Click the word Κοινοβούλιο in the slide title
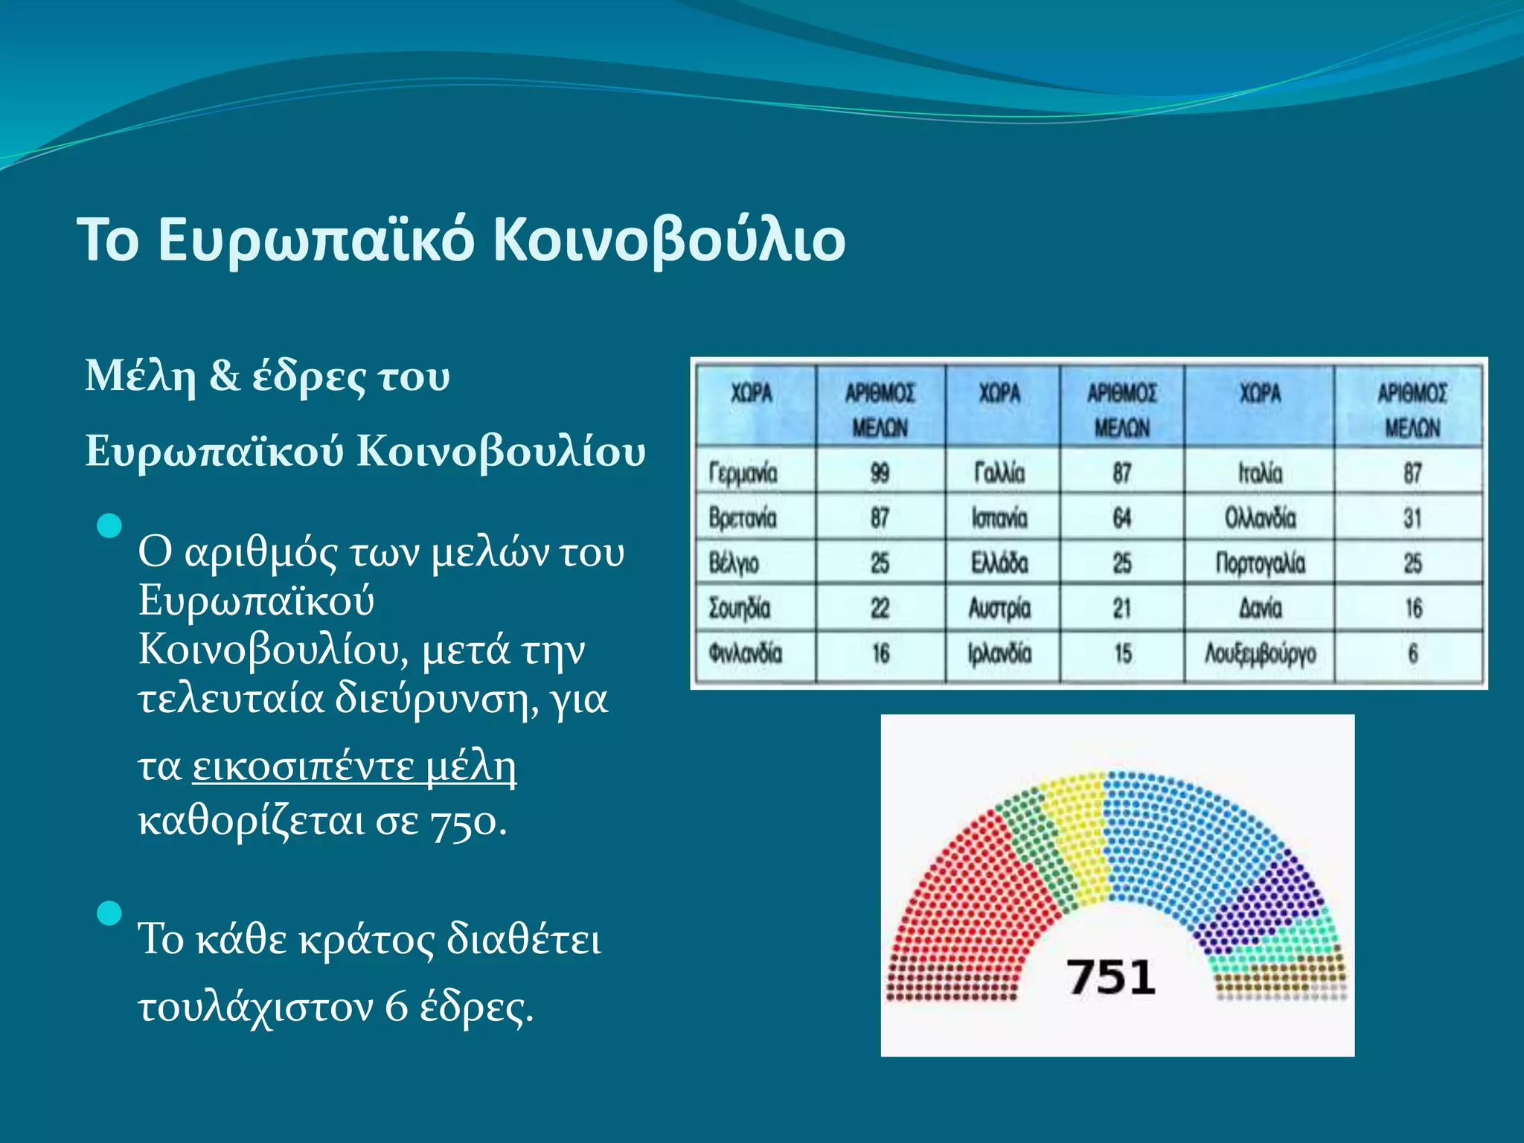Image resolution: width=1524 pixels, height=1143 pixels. pyautogui.click(x=669, y=240)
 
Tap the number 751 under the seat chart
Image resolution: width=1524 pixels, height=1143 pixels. pyautogui.click(x=1110, y=977)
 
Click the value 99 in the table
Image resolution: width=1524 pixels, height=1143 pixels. pyautogui.click(x=880, y=473)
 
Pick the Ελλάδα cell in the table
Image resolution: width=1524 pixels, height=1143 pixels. pyautogui.click(x=999, y=563)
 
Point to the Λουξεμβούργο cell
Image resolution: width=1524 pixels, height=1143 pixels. pyautogui.click(x=1260, y=654)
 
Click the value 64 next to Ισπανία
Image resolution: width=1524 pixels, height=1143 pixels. pyautogui.click(x=1121, y=518)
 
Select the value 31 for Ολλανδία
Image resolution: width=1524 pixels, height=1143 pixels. pyautogui.click(x=1412, y=518)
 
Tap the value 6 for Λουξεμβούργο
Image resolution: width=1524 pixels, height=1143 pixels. pyautogui.click(x=1412, y=654)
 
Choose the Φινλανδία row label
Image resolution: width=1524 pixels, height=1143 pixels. pyautogui.click(x=745, y=654)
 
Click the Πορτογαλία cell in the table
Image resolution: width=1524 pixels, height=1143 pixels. pyautogui.click(x=1260, y=563)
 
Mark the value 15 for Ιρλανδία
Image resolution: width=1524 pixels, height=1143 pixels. pyautogui.click(x=1122, y=654)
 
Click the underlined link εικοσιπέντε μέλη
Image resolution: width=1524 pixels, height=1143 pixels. pyautogui.click(x=354, y=766)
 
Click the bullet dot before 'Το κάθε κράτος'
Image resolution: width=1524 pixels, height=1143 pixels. pyautogui.click(x=109, y=912)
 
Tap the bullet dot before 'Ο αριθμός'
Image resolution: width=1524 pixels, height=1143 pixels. pyautogui.click(x=109, y=526)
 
